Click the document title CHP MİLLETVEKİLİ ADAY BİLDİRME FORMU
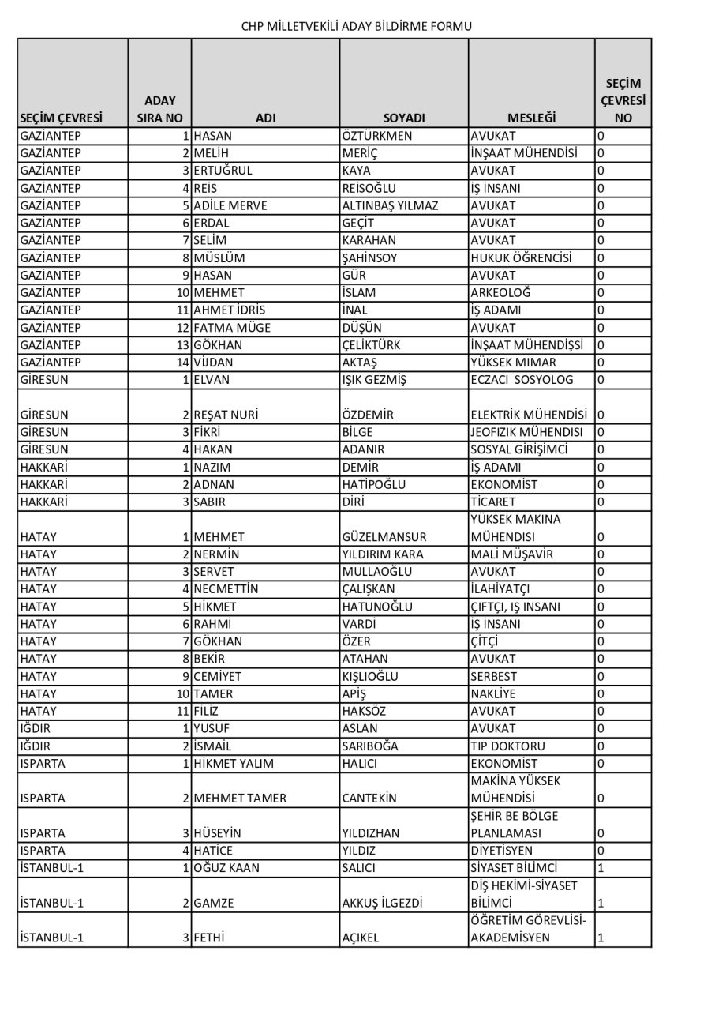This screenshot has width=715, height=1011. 357,26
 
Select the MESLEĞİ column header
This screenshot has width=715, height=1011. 531,118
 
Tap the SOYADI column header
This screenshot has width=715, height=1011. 404,118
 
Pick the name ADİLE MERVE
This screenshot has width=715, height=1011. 230,205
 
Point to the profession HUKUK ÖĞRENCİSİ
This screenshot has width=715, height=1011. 522,257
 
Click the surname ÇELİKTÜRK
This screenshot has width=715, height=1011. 375,345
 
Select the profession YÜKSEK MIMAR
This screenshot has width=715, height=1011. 513,363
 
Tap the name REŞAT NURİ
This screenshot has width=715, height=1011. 226,415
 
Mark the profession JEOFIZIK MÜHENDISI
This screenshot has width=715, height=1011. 526,432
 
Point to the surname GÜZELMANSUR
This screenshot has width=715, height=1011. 384,537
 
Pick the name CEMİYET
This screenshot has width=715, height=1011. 218,676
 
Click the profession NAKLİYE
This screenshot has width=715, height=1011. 493,693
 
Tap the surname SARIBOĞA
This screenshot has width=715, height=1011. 370,746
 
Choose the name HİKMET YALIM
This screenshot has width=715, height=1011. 232,764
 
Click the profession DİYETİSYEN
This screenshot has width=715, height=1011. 502,851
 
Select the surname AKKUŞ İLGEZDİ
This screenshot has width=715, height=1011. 383,903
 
